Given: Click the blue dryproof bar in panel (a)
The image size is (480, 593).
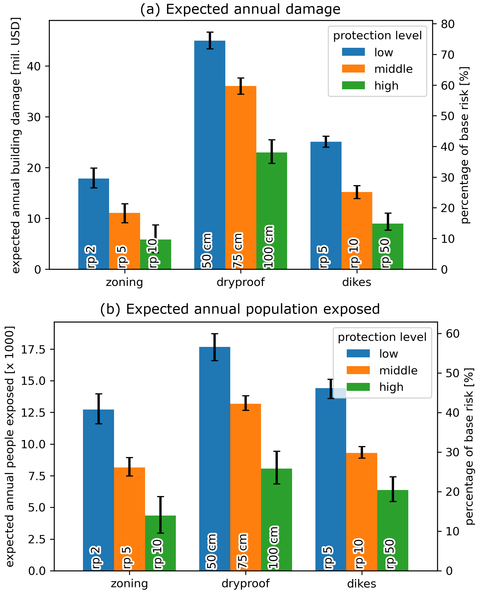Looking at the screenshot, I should [210, 155].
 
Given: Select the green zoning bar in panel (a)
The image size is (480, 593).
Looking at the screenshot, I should [156, 254].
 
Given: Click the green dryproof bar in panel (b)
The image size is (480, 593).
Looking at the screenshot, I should [276, 519].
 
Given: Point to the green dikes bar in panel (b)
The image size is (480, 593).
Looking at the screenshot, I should [393, 530].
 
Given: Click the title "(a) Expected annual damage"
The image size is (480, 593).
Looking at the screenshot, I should [240, 9].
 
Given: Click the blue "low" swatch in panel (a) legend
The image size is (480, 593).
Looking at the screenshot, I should [353, 52].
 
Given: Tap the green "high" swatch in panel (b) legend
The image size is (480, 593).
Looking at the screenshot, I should [358, 387].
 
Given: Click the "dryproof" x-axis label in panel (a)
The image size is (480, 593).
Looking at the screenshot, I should [241, 282].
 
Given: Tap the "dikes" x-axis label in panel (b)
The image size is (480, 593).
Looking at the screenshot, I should [362, 584].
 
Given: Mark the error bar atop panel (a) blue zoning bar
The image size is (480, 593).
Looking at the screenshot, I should [94, 178].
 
